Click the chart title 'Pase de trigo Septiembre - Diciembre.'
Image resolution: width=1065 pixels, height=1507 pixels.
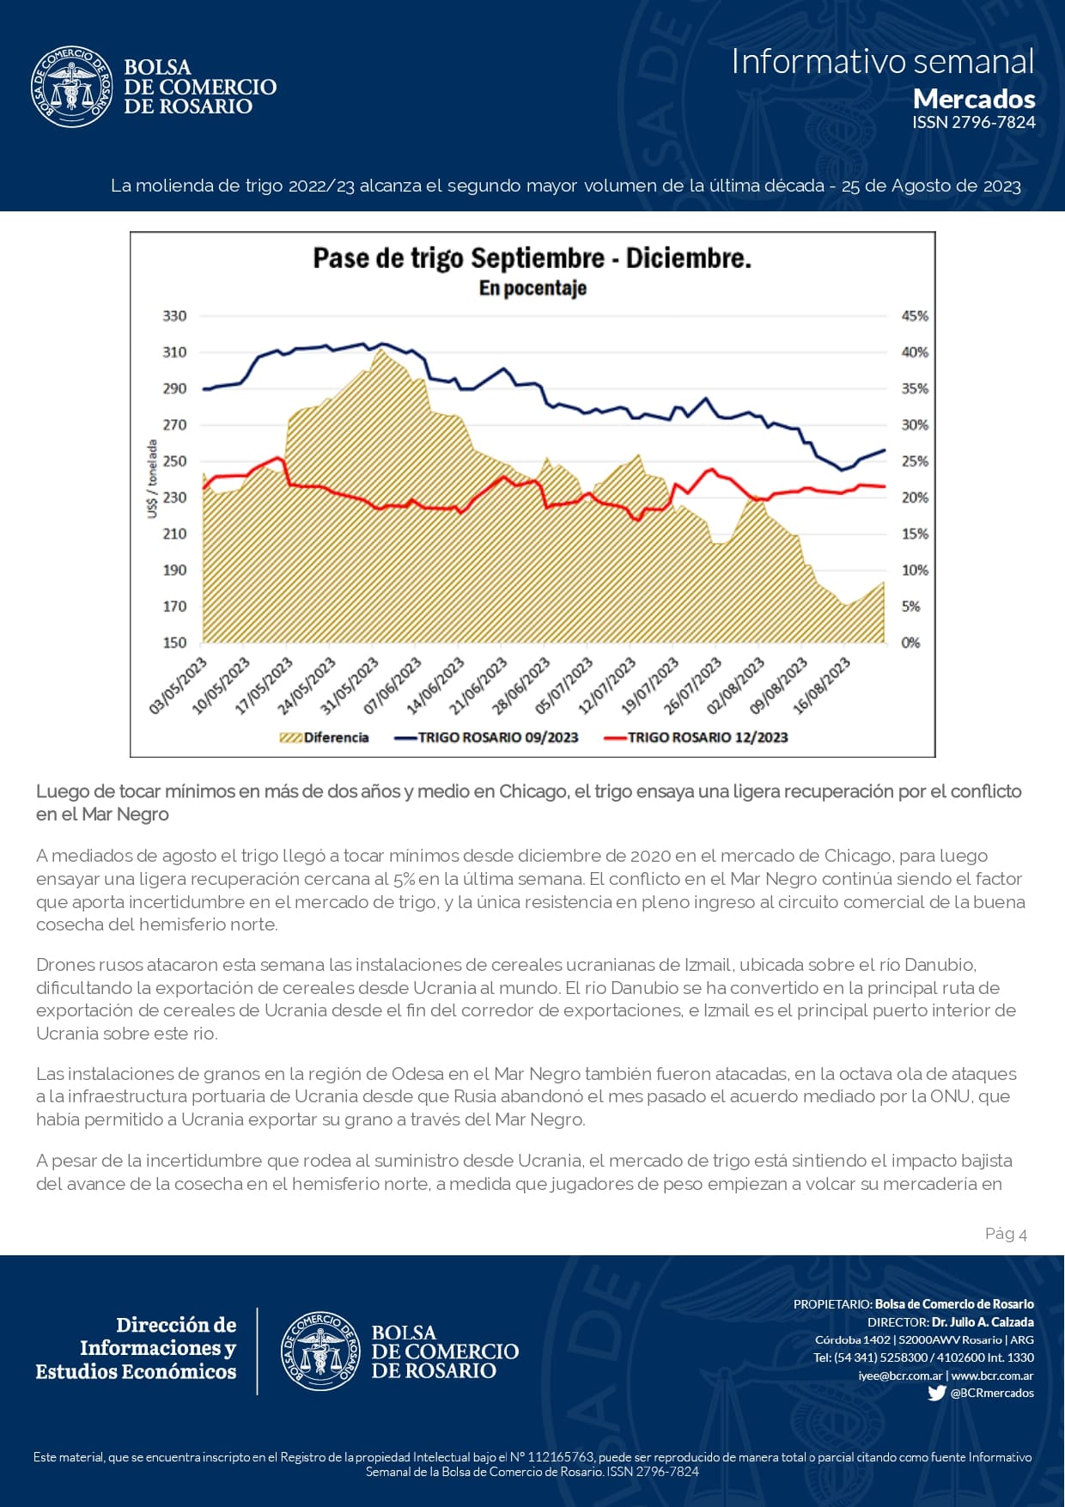tap(532, 258)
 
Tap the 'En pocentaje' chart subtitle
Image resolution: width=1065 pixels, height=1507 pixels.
tap(532, 288)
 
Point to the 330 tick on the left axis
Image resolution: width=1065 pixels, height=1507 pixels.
tap(174, 316)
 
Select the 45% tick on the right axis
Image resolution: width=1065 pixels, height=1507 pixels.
tap(915, 316)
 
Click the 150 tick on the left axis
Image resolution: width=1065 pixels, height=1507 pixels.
tap(174, 643)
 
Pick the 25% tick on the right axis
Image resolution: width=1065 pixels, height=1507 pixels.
tap(915, 461)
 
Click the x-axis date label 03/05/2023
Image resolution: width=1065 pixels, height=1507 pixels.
tap(180, 686)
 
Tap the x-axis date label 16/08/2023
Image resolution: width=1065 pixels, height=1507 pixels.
tap(823, 686)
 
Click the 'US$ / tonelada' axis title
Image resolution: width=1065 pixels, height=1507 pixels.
tap(152, 479)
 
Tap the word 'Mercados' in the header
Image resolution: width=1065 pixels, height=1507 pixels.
tap(974, 99)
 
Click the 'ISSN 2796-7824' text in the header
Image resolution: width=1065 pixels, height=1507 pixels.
tap(974, 122)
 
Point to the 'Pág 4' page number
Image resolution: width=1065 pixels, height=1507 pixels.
tap(1006, 1234)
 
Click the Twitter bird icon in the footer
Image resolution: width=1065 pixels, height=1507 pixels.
tap(937, 1393)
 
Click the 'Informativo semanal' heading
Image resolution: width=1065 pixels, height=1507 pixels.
tap(883, 62)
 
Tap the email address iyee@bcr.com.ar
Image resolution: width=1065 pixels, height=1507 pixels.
tap(899, 1376)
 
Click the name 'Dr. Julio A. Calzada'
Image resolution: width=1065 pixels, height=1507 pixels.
tap(983, 1322)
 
